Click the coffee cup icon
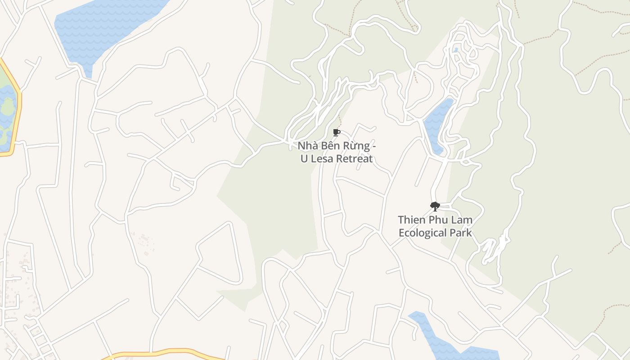click(x=336, y=132)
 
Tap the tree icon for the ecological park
click(x=435, y=206)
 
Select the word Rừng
click(x=359, y=146)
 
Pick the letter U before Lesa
click(x=304, y=159)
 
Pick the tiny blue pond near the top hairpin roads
click(x=456, y=50)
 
